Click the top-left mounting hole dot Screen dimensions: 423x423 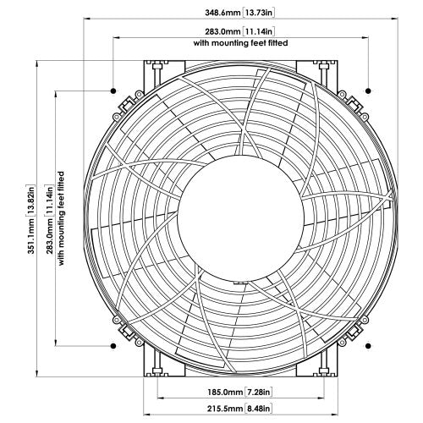[113, 89]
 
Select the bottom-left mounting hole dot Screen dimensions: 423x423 [113, 346]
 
